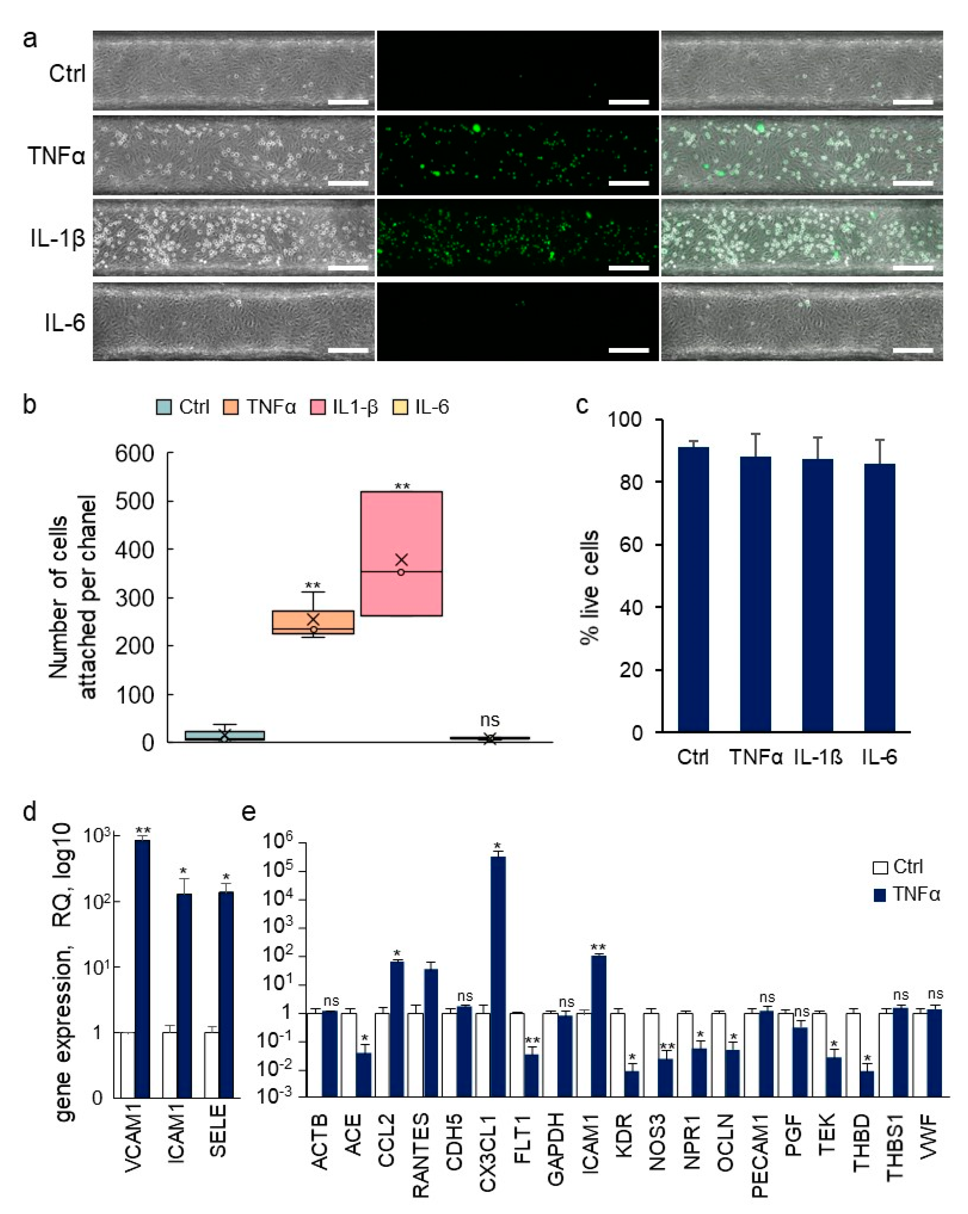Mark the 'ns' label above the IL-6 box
coord(490,720)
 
